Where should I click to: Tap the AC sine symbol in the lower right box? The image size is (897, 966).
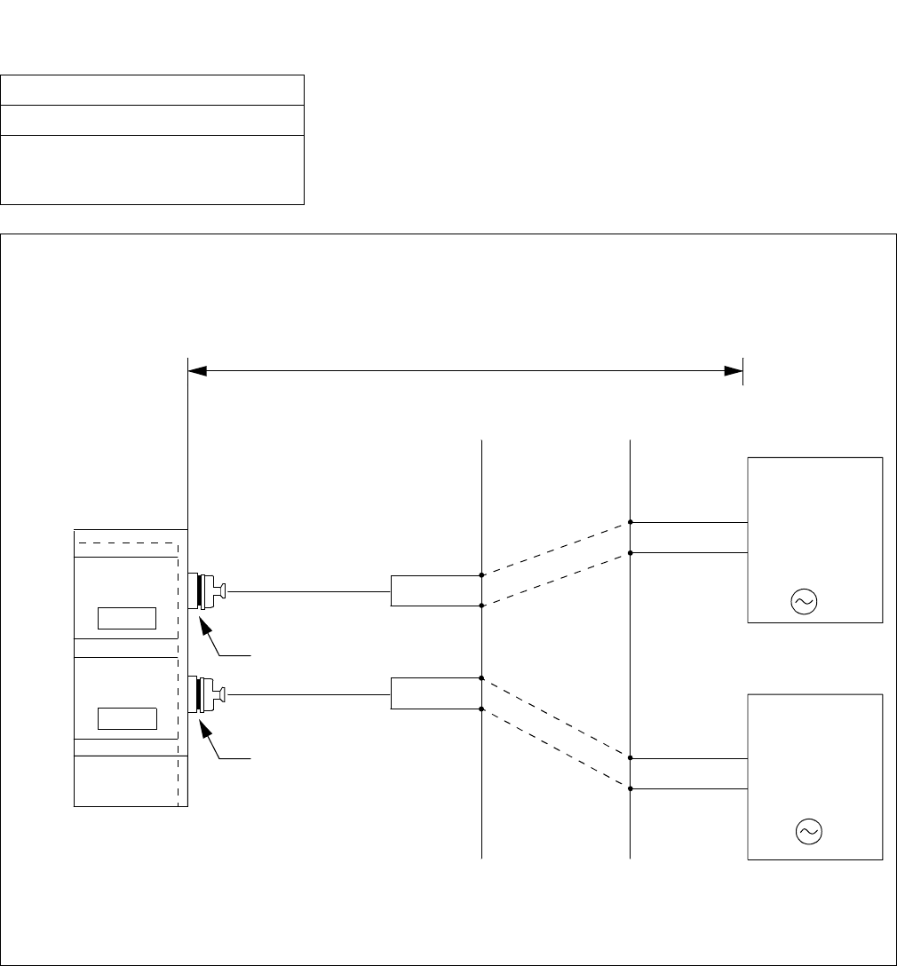tap(809, 831)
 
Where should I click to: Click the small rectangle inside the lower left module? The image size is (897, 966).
tap(126, 718)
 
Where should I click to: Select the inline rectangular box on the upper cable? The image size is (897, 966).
tap(435, 590)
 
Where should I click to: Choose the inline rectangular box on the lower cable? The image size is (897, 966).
tap(435, 693)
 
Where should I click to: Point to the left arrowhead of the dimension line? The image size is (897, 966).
tap(197, 371)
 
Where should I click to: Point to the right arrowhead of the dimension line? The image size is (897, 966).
tap(734, 371)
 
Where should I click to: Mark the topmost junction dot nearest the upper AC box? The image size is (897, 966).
tap(631, 523)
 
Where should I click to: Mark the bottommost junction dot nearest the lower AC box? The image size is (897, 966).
tap(631, 788)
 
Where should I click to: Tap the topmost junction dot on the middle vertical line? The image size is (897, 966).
tap(481, 575)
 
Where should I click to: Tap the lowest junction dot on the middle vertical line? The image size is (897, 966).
tap(481, 709)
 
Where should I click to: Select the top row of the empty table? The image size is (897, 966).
tap(153, 91)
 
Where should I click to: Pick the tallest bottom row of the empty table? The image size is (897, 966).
tap(153, 170)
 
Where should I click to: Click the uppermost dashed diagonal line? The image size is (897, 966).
tap(556, 549)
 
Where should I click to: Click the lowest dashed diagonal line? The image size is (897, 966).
tap(556, 748)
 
